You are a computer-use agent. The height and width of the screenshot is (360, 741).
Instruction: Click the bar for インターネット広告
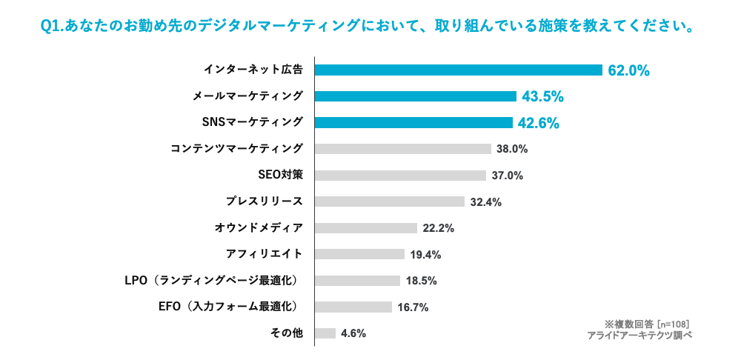[458, 70]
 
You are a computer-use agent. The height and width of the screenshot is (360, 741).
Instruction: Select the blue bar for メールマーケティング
[415, 96]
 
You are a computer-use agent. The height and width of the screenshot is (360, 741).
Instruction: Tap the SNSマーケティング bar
[413, 122]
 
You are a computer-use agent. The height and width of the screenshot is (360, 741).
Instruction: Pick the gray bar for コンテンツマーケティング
[402, 149]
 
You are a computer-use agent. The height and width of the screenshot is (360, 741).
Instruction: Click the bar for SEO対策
[400, 176]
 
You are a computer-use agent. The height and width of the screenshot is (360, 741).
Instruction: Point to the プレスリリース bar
[389, 201]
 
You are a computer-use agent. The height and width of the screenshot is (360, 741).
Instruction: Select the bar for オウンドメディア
[366, 228]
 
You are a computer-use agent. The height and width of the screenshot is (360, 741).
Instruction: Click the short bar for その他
[325, 333]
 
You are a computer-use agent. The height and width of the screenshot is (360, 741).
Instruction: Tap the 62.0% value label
[628, 71]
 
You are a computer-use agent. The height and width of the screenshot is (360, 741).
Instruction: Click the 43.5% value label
[543, 97]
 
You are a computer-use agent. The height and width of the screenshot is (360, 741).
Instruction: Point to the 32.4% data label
[485, 202]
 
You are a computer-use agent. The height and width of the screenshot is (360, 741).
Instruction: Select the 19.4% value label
[425, 255]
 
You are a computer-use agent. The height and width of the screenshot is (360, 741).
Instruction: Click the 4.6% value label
[353, 333]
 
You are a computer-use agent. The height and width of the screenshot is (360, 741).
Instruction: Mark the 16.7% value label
[413, 307]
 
